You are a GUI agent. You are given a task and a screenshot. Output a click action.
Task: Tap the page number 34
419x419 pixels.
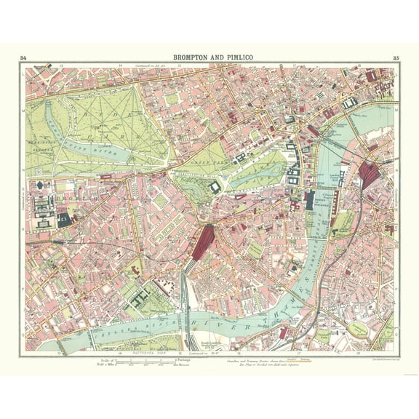point(24,57)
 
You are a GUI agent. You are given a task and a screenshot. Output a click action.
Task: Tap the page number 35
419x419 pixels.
point(395,57)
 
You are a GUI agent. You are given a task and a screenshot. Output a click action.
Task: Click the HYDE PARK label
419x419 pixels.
point(109,124)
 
